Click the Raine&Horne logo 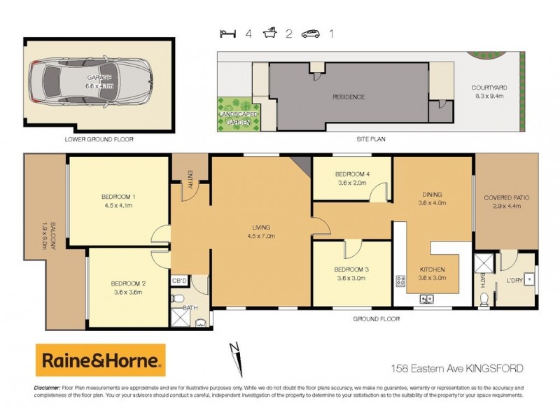pos(101,360)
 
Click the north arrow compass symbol pos(237,358)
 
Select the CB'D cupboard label pos(179,281)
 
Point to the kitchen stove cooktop pos(401,281)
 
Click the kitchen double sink pos(426,300)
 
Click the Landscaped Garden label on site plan pos(237,118)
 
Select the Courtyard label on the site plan pos(489,87)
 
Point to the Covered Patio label pos(506,198)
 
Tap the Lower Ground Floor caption pos(99,139)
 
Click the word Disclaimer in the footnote pos(47,387)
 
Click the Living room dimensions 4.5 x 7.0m pos(261,237)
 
